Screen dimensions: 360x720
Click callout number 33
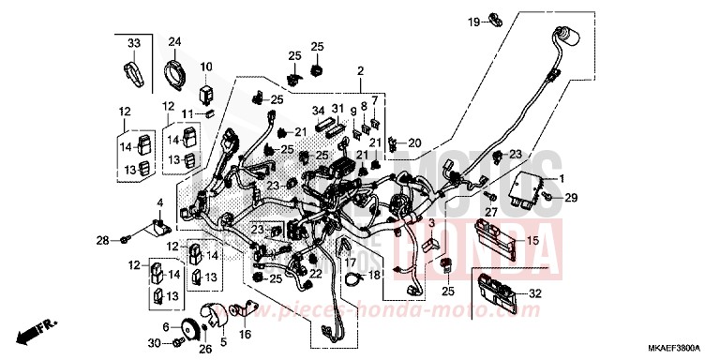point(133,44)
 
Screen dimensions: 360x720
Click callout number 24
point(174,43)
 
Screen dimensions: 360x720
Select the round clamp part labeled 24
point(174,71)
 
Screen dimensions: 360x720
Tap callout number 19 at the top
point(475,21)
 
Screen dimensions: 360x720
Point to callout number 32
point(535,293)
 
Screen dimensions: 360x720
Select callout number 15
point(532,241)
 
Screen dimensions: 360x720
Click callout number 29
point(572,197)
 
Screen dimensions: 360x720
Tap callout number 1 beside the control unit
point(562,178)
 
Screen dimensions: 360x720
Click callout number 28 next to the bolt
point(103,240)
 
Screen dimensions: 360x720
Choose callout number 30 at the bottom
point(154,343)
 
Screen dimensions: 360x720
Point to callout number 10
point(206,67)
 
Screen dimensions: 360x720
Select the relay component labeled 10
point(206,92)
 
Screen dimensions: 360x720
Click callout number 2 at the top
point(359,70)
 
